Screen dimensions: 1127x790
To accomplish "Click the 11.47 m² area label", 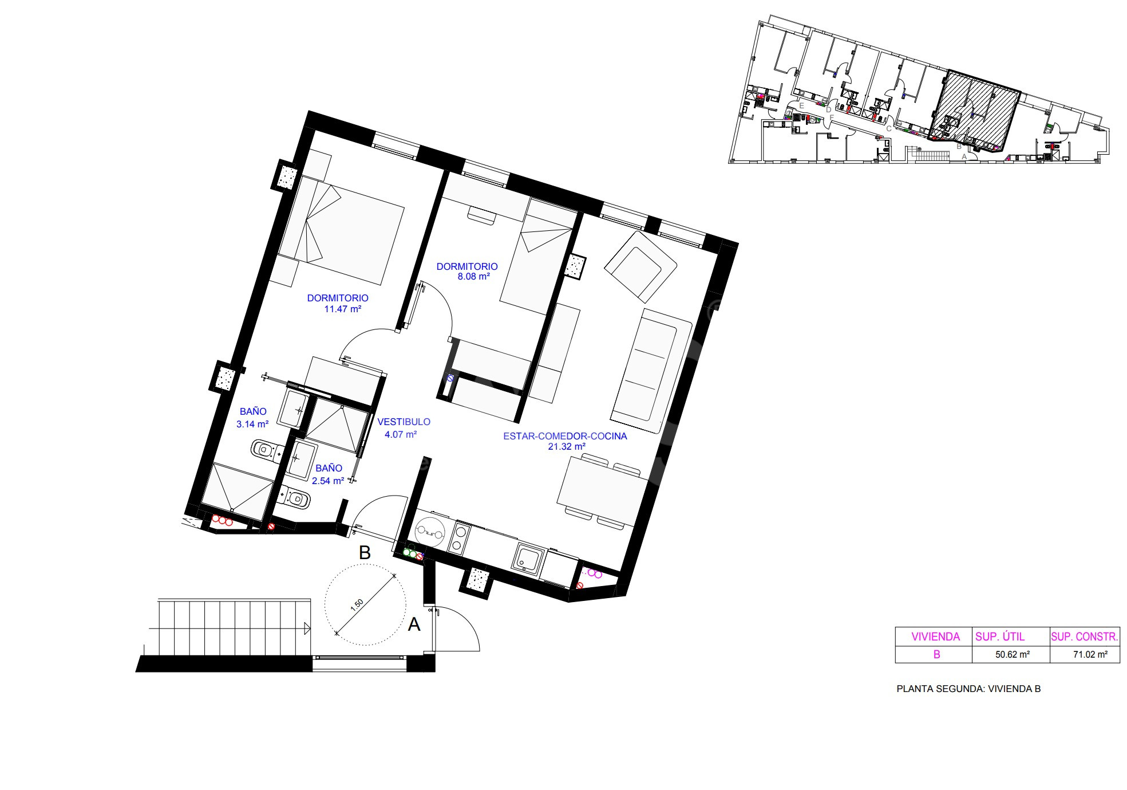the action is click(x=342, y=309).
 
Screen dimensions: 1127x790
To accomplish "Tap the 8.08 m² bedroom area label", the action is click(x=473, y=277).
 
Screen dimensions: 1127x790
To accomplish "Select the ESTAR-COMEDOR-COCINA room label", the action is click(x=565, y=436).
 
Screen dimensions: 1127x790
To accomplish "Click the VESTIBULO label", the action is click(x=404, y=422).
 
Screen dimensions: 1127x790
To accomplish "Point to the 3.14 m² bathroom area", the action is click(x=252, y=425).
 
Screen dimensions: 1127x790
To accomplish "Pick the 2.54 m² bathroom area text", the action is click(x=328, y=481).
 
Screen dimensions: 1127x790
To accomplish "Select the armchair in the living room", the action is click(x=640, y=266).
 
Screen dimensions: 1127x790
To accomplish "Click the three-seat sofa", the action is click(x=652, y=371).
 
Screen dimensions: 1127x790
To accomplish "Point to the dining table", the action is click(x=603, y=491).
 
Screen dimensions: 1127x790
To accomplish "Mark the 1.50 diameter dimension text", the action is click(x=357, y=606).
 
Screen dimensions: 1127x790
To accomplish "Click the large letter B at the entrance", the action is click(x=365, y=553).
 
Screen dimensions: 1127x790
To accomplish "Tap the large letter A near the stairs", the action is click(x=414, y=624).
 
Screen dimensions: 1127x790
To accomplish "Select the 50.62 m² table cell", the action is click(x=1013, y=654).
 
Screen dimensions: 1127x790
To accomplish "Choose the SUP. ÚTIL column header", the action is click(x=1000, y=636).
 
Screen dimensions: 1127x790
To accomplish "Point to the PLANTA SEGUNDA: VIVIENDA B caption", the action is click(x=968, y=689).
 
